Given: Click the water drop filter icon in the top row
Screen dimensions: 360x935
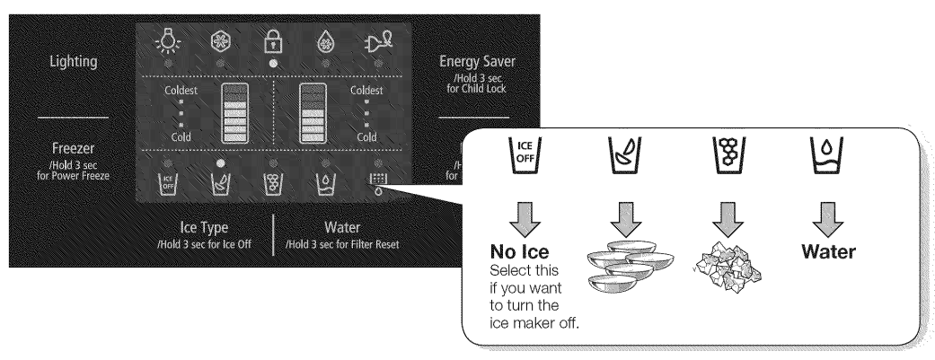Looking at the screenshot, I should pos(325,42).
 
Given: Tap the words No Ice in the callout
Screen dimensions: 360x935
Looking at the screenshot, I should pos(518,254).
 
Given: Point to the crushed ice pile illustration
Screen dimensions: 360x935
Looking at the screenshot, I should pos(719,264).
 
